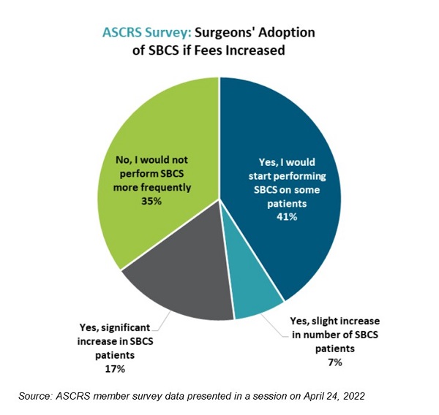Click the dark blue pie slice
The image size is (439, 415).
coord(293,146)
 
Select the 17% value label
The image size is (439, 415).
coord(113,369)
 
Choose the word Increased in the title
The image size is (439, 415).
coord(253,51)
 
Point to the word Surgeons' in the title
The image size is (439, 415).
coord(221,32)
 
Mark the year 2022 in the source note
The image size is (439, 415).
coord(353,396)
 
